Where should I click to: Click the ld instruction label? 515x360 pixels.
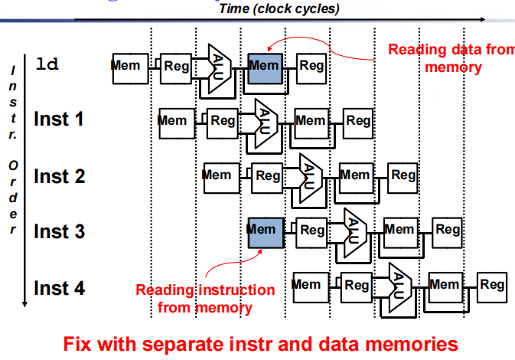click(x=47, y=64)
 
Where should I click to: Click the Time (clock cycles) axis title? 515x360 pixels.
click(x=279, y=9)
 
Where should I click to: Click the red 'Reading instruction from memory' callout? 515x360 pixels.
click(x=205, y=299)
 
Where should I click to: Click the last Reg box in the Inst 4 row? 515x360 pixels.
click(x=492, y=286)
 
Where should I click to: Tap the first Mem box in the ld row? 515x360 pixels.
click(x=127, y=67)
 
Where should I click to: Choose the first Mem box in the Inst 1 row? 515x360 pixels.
click(x=172, y=122)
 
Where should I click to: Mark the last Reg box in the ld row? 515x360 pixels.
click(x=311, y=67)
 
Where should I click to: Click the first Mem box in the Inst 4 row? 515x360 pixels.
click(x=308, y=286)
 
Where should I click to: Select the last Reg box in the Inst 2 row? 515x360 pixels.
click(x=403, y=176)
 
